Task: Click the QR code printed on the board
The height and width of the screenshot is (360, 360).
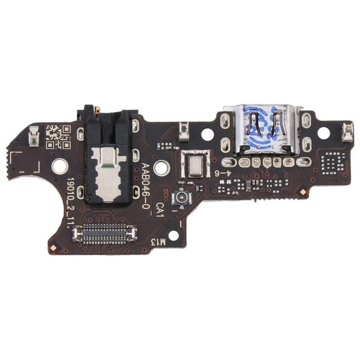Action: (x=58, y=137)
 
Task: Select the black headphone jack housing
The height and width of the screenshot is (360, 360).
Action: (x=108, y=157)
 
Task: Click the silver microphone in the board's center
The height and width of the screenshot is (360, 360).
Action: (x=194, y=164)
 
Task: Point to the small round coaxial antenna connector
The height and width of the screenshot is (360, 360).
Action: (x=183, y=198)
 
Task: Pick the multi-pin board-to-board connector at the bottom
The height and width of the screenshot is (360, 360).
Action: (x=105, y=233)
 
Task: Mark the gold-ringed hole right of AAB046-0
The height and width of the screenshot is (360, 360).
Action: (x=162, y=168)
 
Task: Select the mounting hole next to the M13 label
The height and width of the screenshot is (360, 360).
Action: (x=173, y=235)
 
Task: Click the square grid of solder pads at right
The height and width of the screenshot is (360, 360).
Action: (x=333, y=162)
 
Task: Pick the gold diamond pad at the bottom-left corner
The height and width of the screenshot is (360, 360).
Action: (x=54, y=247)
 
